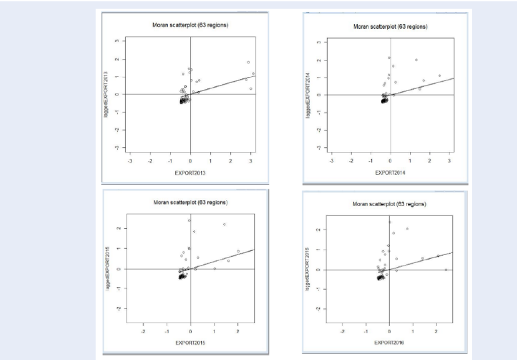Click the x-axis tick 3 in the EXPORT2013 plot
pyautogui.click(x=251, y=161)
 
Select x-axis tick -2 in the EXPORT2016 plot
pyautogui.click(x=342, y=331)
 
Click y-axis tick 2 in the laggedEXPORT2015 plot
pyautogui.click(x=117, y=228)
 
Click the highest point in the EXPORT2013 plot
pyautogui.click(x=248, y=62)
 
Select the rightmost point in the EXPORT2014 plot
pyautogui.click(x=439, y=76)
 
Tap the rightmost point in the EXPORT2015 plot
pyautogui.click(x=238, y=252)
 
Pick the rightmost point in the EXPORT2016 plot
pyautogui.click(x=445, y=270)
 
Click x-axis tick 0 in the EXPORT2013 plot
pyautogui.click(x=191, y=161)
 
